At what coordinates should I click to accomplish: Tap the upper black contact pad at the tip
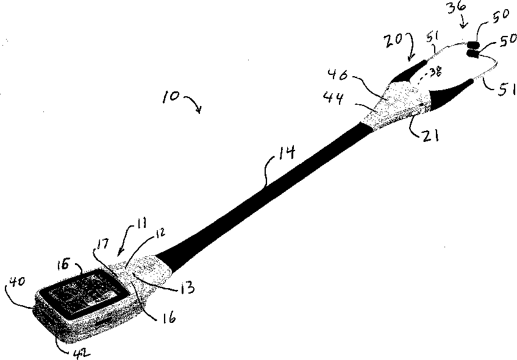(x=474, y=44)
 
